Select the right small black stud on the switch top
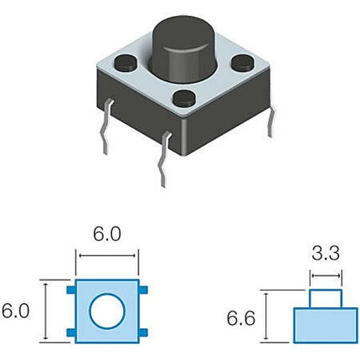[x=243, y=62]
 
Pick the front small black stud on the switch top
[x=184, y=98]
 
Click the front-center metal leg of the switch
[x=164, y=158]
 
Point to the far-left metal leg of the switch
[x=106, y=126]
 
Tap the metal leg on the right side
[x=271, y=121]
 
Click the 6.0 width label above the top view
[x=107, y=234]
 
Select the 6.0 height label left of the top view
[x=15, y=311]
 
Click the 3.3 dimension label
[x=326, y=254]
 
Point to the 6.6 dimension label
[x=241, y=318]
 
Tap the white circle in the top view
[x=107, y=311]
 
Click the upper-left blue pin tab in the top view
[x=71, y=290]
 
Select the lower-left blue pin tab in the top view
[x=71, y=332]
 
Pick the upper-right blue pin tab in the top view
[x=143, y=290]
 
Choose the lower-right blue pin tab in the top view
[x=143, y=332]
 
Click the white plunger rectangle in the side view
[x=326, y=299]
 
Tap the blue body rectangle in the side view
[x=326, y=326]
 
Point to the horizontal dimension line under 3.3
[x=326, y=275]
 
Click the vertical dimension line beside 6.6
[x=266, y=316]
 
